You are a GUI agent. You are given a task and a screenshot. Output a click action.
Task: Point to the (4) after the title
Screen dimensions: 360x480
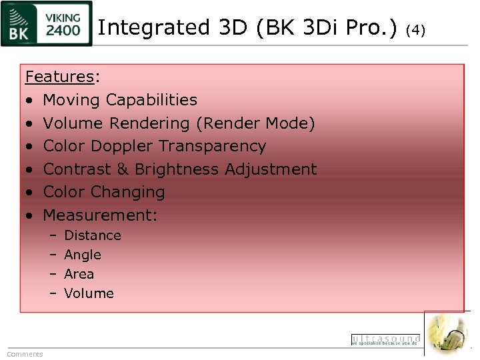click(x=415, y=29)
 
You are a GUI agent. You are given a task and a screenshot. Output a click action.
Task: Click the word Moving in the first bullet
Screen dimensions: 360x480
click(x=72, y=100)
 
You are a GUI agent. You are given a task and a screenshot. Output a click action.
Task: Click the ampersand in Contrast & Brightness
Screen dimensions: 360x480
click(x=123, y=169)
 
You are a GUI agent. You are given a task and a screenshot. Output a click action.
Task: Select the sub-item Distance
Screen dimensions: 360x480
click(x=93, y=235)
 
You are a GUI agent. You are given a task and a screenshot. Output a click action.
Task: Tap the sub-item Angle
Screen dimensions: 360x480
click(x=83, y=255)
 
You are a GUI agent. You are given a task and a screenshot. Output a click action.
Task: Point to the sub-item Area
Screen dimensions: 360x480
click(x=79, y=274)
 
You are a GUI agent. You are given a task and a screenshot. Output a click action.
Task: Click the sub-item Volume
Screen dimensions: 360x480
click(x=89, y=293)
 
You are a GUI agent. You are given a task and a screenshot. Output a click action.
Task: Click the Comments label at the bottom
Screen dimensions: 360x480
click(x=25, y=354)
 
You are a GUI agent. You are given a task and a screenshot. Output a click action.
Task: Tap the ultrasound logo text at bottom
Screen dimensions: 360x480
click(x=386, y=339)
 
